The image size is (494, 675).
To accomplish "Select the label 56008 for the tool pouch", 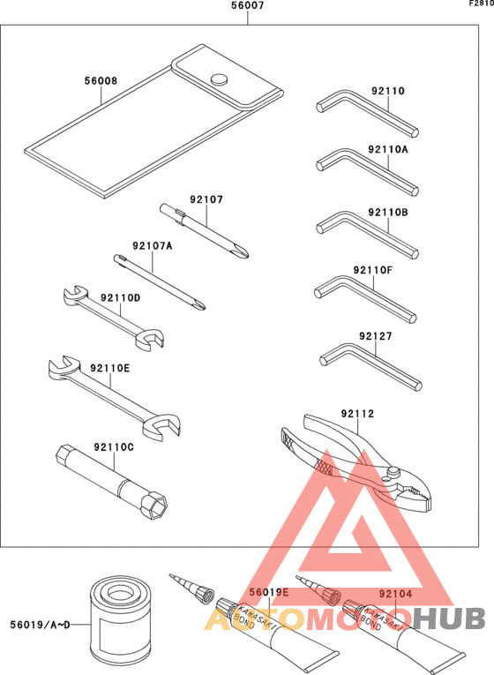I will pyautogui.click(x=101, y=80).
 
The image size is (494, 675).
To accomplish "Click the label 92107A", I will pyautogui.click(x=152, y=246).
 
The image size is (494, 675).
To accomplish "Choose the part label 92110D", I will pyautogui.click(x=120, y=299).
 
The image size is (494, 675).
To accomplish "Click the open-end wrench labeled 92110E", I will pyautogui.click(x=110, y=393).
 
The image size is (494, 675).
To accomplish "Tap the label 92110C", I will pyautogui.click(x=111, y=447).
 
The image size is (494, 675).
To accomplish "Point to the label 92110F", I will pyautogui.click(x=371, y=269).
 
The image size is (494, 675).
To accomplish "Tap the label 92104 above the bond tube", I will pyautogui.click(x=395, y=594).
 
